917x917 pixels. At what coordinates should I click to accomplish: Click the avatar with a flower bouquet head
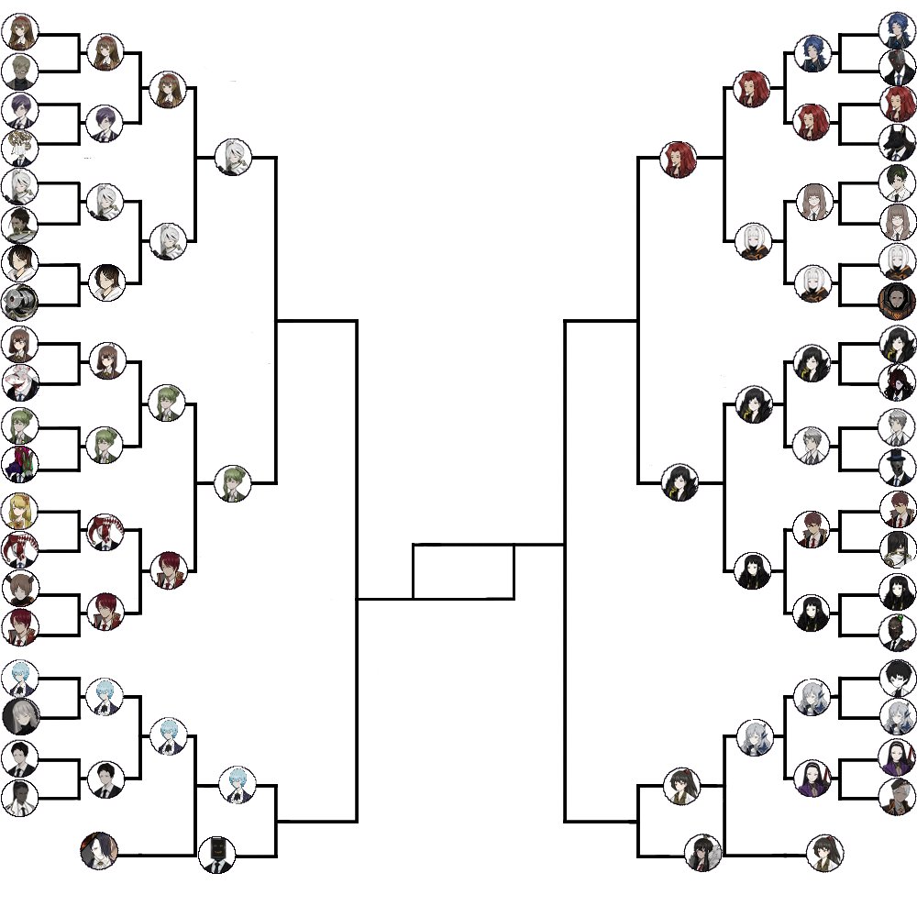pos(19,146)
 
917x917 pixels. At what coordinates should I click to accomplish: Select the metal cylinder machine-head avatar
pos(19,302)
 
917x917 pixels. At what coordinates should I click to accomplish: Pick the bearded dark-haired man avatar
pos(19,223)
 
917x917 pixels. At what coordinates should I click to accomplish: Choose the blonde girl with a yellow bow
pos(19,509)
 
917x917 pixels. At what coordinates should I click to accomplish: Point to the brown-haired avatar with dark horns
pos(19,587)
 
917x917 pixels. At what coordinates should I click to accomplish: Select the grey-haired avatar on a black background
pos(19,716)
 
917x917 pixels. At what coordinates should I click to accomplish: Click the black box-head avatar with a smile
pos(217,855)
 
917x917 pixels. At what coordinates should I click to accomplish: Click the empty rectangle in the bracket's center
pos(463,571)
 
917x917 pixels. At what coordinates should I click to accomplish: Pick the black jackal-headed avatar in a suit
pos(897,142)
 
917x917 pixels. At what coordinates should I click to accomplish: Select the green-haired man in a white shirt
pos(897,181)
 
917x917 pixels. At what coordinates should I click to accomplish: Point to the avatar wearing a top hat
pos(897,466)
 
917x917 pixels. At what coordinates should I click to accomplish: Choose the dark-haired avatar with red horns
pos(897,382)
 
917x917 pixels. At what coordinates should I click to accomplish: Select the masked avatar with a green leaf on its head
pos(19,464)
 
